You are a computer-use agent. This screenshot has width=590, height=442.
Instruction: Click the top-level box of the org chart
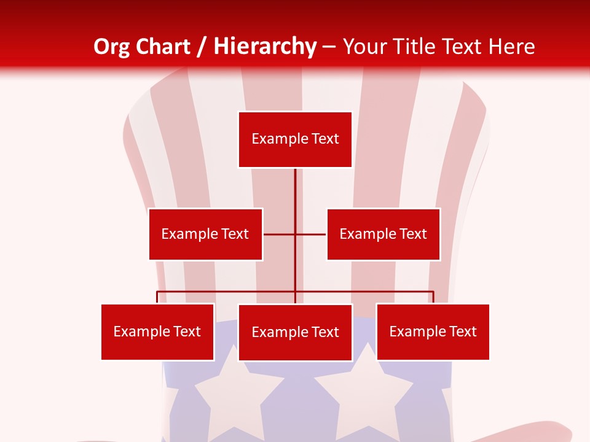click(295, 139)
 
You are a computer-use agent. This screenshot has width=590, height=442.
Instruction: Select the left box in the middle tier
click(205, 234)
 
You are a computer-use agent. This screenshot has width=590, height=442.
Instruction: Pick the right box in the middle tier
click(383, 234)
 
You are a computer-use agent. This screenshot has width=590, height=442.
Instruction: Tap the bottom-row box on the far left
click(157, 331)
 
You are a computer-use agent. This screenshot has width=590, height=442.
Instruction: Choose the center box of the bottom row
click(295, 332)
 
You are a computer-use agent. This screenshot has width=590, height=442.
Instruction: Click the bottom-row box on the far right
click(433, 331)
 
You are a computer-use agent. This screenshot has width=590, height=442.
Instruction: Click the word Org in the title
click(111, 47)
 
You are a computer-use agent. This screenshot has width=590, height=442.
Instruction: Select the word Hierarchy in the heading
click(265, 47)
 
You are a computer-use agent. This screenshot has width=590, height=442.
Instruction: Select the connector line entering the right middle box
click(311, 234)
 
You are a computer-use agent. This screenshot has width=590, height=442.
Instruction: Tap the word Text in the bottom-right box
click(463, 331)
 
